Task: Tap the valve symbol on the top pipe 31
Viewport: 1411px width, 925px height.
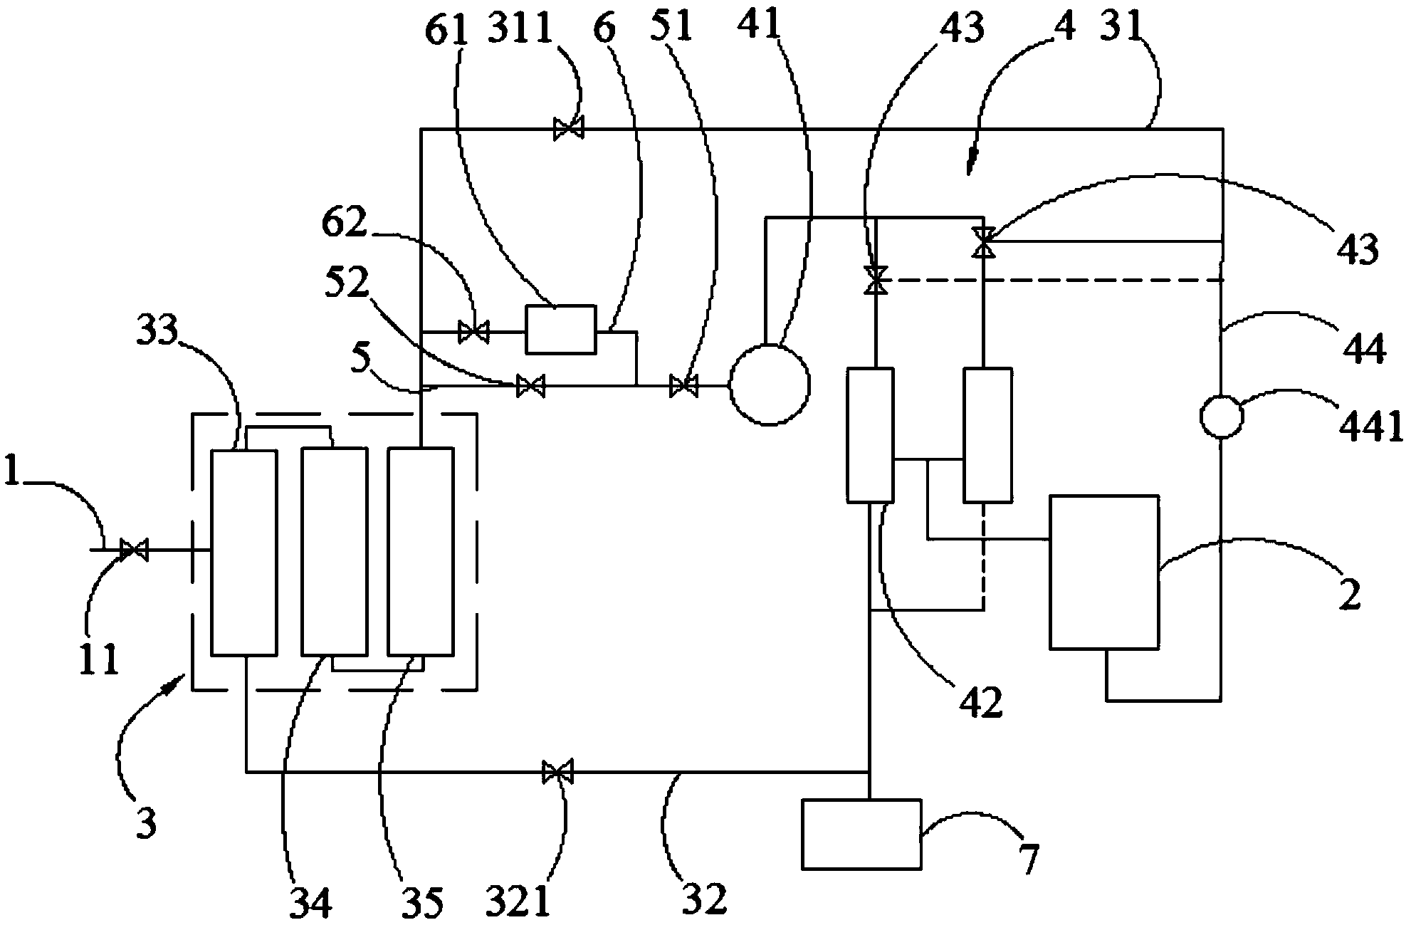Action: pos(569,129)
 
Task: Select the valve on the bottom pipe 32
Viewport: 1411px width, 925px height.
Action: pos(557,771)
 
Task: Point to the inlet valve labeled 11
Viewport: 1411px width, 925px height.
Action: pos(133,550)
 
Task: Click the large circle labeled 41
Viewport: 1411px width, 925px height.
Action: pos(770,385)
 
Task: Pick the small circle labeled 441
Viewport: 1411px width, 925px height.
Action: pos(1222,417)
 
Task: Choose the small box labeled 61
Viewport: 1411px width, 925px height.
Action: pos(560,329)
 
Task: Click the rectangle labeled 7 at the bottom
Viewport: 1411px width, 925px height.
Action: pos(861,834)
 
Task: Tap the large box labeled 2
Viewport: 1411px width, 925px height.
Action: pos(1103,573)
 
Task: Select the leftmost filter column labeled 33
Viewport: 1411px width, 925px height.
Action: pos(244,552)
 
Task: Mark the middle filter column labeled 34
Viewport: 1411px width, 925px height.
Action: pos(334,552)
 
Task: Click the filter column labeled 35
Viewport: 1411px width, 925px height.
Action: pos(420,552)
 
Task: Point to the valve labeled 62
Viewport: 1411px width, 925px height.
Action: pos(473,331)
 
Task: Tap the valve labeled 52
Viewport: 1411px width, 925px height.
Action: pos(530,386)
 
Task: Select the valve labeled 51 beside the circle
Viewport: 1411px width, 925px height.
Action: pos(684,386)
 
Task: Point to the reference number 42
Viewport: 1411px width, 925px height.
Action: pos(980,701)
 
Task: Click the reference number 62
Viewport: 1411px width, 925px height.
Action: pos(344,223)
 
